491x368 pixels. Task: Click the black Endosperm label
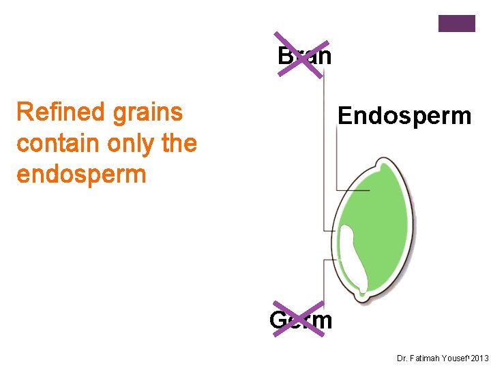coord(404,116)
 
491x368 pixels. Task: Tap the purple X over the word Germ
coord(298,318)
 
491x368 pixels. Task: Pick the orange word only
coord(128,144)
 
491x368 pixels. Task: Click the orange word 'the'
coord(177,143)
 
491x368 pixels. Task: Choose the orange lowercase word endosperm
coord(81,174)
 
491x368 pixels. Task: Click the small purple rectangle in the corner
coord(456,24)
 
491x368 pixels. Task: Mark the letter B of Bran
coord(285,56)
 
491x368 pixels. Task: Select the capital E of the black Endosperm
coord(345,116)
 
